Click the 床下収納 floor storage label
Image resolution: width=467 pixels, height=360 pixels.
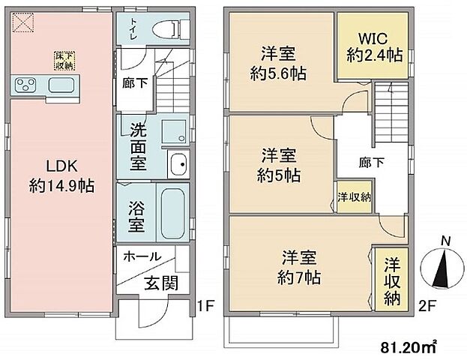pos(62,59)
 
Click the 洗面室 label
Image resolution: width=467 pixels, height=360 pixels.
pos(136,147)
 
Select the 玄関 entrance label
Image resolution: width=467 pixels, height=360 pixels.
pos(160,283)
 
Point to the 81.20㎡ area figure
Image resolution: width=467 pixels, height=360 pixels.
pos(411,346)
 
